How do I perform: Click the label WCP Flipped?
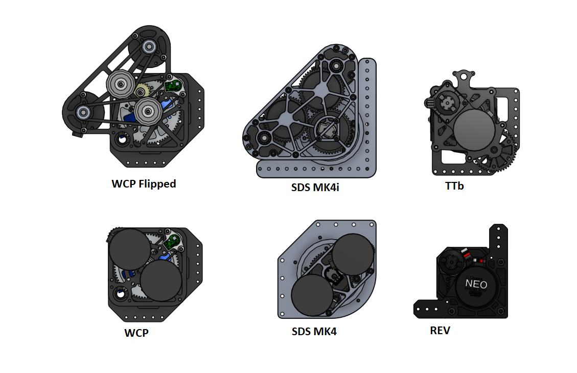point(144,184)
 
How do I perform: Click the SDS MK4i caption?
point(315,187)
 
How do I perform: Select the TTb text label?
point(454,186)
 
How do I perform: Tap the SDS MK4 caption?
point(314,332)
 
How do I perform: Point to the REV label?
point(440,331)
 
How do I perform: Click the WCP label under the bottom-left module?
point(136,333)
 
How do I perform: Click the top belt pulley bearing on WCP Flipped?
point(149,46)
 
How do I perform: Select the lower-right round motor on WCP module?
point(161,280)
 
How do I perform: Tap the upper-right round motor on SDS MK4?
point(354,253)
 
